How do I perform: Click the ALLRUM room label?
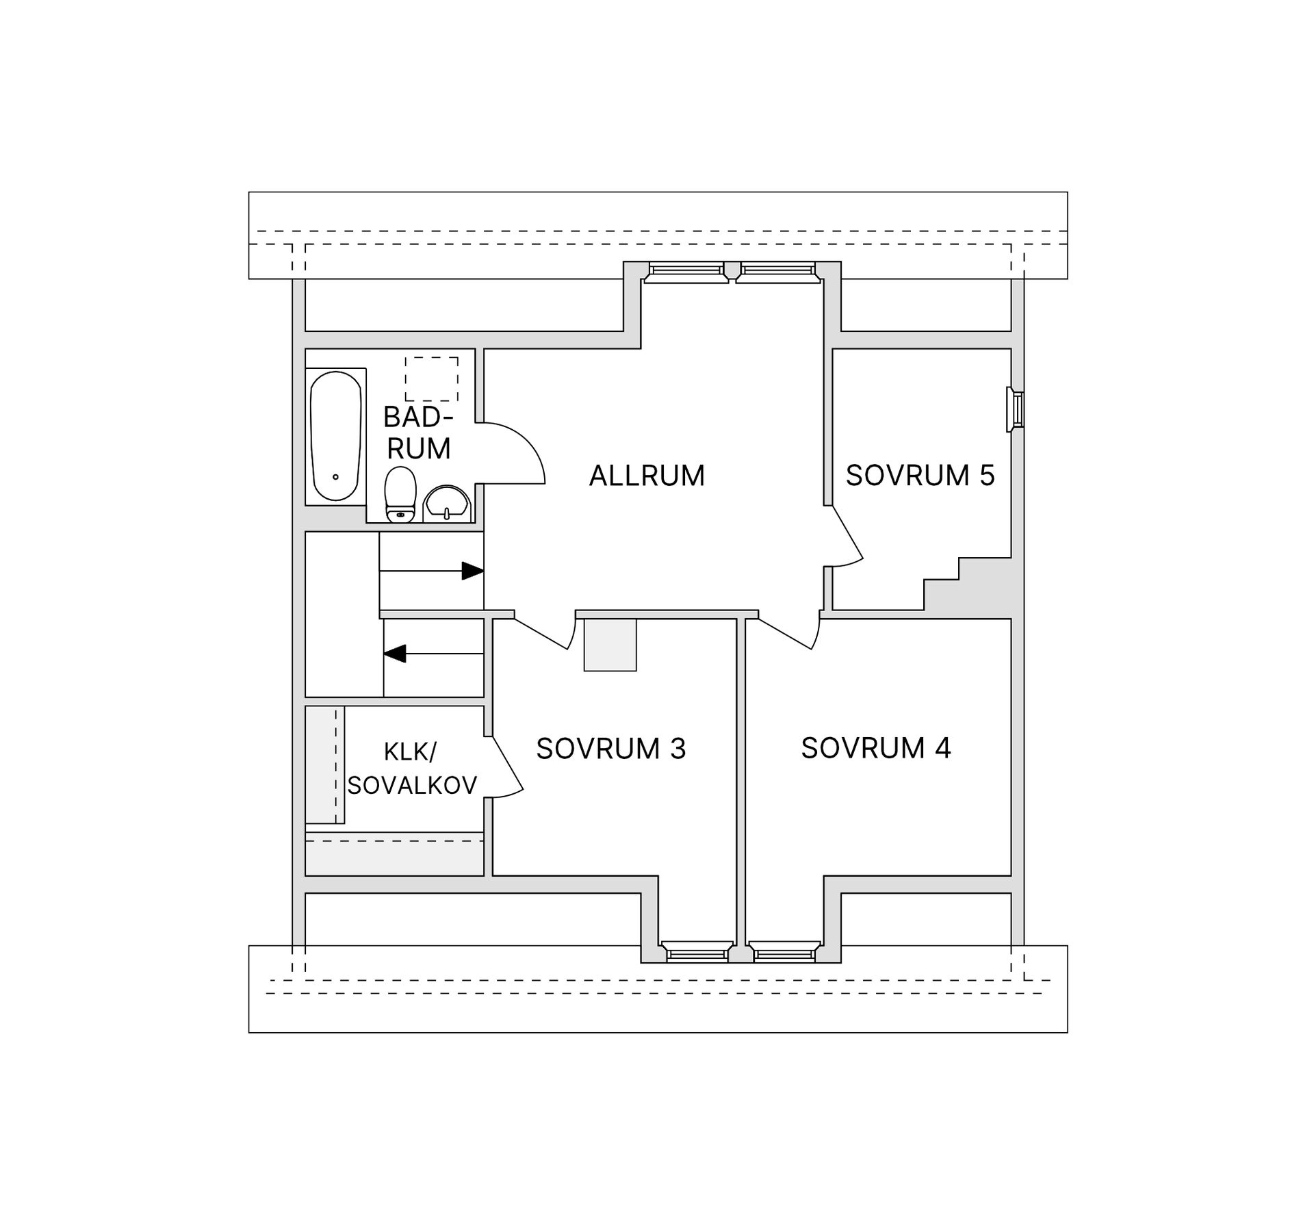(x=647, y=476)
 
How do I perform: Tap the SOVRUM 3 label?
(x=611, y=749)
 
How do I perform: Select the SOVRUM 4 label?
(x=876, y=748)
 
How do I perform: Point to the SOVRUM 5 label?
(x=920, y=476)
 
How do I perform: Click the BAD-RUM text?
(x=419, y=433)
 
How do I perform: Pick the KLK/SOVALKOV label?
(x=412, y=769)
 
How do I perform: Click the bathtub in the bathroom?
(x=335, y=436)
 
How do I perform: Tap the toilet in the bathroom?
(x=400, y=494)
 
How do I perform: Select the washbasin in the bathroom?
(x=447, y=504)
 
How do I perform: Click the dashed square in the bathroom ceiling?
(x=431, y=378)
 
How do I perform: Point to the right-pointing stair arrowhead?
(x=473, y=571)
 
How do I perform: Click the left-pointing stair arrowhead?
(x=395, y=654)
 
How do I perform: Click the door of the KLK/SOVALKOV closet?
(x=507, y=767)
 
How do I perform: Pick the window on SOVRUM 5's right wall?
(x=1015, y=410)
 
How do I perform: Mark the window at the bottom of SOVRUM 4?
(x=784, y=952)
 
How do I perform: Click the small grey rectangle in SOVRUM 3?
(x=610, y=645)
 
